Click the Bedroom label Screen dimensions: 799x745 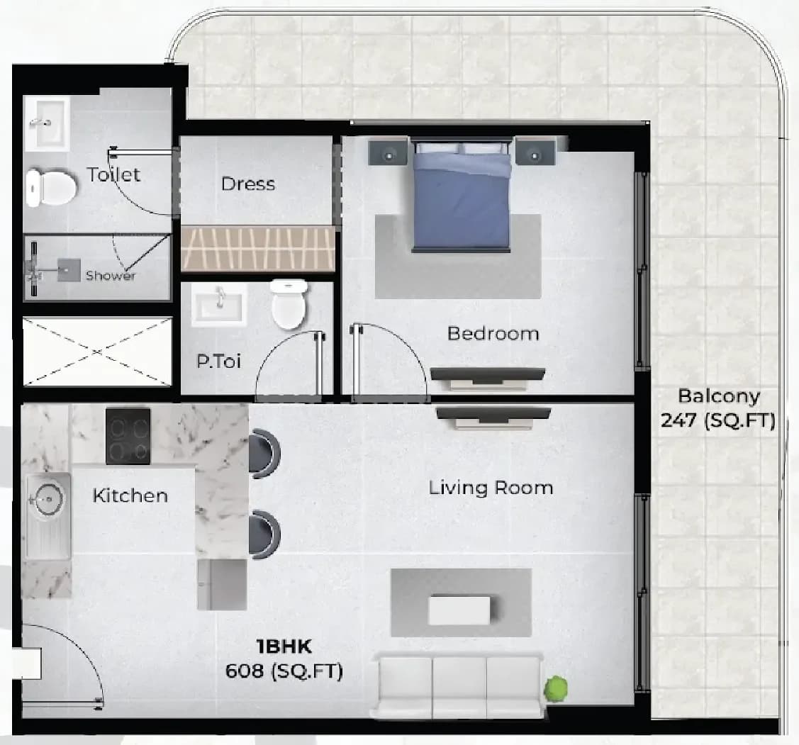click(493, 333)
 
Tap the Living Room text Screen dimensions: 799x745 click(491, 488)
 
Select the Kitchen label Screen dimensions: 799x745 click(130, 495)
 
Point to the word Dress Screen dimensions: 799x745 click(248, 184)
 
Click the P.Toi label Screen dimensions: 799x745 click(218, 362)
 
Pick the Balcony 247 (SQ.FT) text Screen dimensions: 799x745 click(718, 408)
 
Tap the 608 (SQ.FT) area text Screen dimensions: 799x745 click(284, 671)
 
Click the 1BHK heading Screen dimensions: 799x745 click(284, 646)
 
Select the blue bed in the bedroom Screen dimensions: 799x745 click(462, 196)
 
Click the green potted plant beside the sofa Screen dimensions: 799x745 click(555, 689)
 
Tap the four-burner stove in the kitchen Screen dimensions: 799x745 click(128, 436)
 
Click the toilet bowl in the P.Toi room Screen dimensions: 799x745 click(289, 303)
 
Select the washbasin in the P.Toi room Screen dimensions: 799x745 click(220, 305)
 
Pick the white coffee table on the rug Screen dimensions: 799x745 click(459, 610)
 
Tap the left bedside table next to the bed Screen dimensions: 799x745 click(389, 152)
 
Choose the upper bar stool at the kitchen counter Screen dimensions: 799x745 click(264, 453)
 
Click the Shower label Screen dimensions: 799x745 click(111, 276)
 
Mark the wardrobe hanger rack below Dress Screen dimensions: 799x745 click(258, 250)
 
